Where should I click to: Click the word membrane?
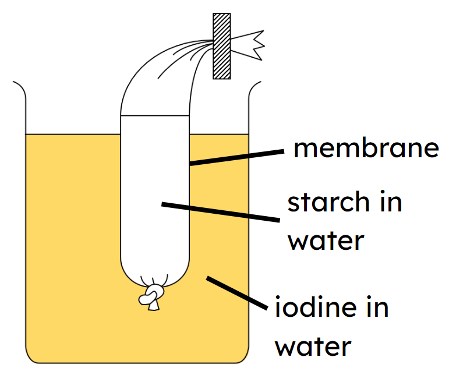[x=366, y=149]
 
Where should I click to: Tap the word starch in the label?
[x=328, y=203]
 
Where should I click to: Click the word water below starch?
[x=326, y=240]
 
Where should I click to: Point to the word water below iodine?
[x=313, y=347]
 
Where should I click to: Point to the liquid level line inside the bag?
[x=155, y=116]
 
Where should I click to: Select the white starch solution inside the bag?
[x=155, y=192]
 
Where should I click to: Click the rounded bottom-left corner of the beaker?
[x=33, y=356]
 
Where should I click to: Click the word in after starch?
[x=389, y=203]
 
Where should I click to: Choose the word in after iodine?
[x=376, y=308]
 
